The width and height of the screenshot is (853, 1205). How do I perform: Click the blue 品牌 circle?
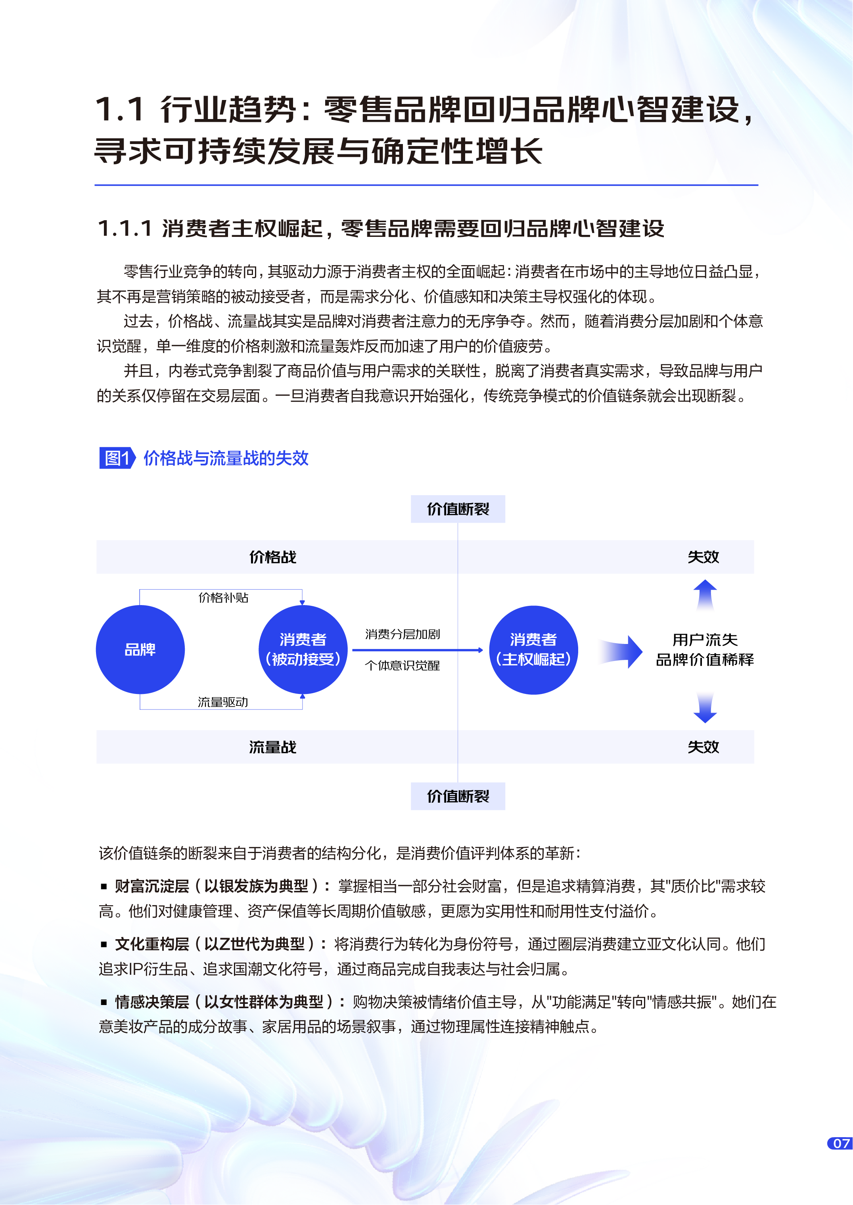[x=140, y=650]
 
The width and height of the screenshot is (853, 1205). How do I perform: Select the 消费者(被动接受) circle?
[x=303, y=650]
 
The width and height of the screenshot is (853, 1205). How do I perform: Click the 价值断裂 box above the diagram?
[x=458, y=509]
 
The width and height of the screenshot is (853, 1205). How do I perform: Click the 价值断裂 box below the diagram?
[x=458, y=796]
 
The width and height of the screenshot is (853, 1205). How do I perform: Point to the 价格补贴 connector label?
[x=223, y=598]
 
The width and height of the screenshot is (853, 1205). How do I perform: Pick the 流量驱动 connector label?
[x=223, y=702]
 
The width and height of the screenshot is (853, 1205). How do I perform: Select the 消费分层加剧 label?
[x=403, y=634]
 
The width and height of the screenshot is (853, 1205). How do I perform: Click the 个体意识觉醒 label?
[x=403, y=666]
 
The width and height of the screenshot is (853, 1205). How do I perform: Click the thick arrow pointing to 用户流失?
[x=621, y=652]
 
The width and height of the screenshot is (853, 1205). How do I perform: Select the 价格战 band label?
[x=272, y=557]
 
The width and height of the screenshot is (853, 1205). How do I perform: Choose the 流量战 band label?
[x=272, y=747]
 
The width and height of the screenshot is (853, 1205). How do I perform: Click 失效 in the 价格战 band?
[x=703, y=557]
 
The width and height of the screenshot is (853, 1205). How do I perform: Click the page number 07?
[x=841, y=1144]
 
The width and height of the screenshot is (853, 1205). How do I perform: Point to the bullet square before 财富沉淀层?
[x=104, y=886]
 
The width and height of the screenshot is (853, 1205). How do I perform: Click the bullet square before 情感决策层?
[x=104, y=1002]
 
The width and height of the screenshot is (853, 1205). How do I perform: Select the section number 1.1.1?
[x=125, y=229]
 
